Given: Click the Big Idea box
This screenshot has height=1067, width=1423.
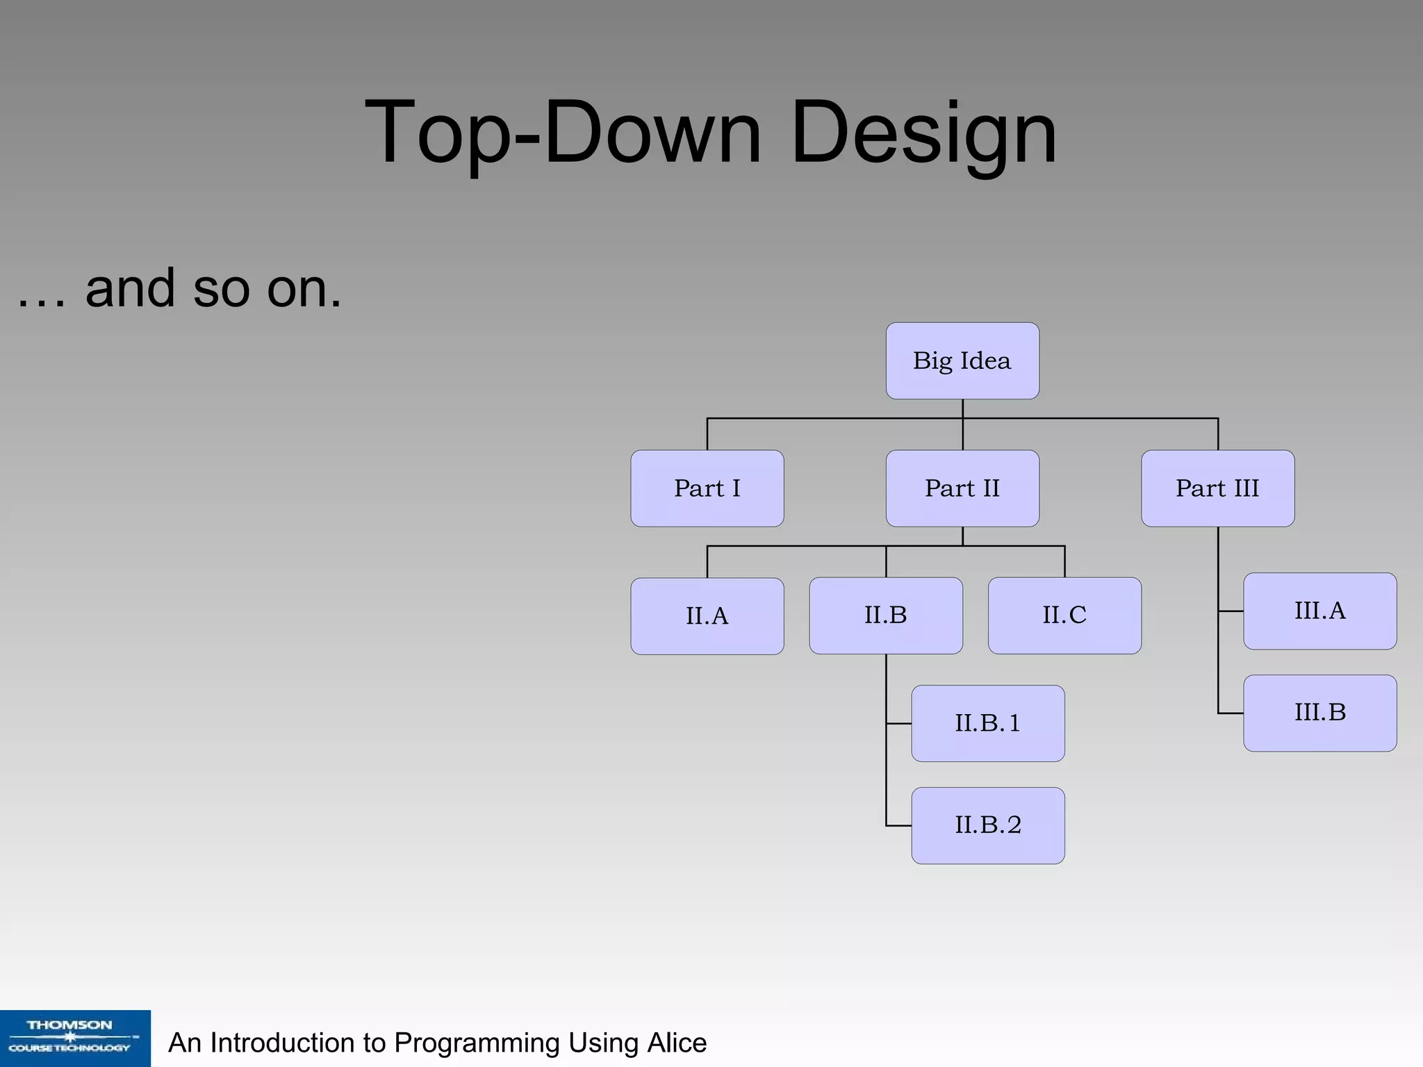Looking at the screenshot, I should click(962, 361).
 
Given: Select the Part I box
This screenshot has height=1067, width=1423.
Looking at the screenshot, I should click(707, 488).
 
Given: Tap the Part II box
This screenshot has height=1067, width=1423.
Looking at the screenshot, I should click(962, 488).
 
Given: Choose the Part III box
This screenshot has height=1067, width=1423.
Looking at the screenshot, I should click(1217, 488).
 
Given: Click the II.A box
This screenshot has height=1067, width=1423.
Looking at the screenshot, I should click(707, 616).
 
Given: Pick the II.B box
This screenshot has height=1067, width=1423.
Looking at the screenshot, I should click(886, 615).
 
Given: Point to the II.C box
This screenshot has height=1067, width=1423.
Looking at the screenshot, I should click(1064, 615).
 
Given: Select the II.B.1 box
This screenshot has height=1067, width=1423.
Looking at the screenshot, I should click(987, 724).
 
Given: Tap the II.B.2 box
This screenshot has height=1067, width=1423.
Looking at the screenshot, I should click(987, 825).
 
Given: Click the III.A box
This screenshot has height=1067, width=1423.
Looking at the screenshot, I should click(1319, 611).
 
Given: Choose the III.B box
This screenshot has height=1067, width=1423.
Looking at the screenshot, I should click(1319, 713).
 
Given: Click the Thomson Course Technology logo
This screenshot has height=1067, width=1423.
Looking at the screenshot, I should click(75, 1038).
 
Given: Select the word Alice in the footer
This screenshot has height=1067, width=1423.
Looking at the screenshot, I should click(677, 1043).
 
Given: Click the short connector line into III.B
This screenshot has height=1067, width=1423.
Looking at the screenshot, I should click(1231, 713).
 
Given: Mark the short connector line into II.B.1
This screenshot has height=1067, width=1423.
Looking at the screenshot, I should click(899, 724).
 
